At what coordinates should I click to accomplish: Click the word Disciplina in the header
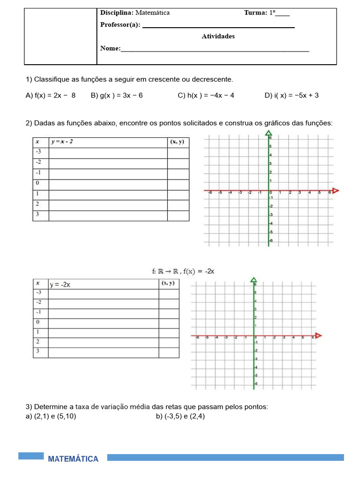click(x=117, y=13)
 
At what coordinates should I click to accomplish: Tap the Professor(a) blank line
click(x=218, y=26)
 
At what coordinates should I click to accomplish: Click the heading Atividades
click(x=218, y=36)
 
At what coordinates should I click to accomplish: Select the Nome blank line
click(x=215, y=49)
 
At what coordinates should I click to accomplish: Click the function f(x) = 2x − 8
click(x=51, y=95)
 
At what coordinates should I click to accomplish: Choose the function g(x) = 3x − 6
click(x=117, y=95)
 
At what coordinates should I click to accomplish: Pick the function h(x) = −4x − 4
click(x=206, y=95)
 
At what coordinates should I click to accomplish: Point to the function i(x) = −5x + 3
click(x=292, y=95)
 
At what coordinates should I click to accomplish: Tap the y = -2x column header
click(x=60, y=285)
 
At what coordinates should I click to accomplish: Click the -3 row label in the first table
click(x=38, y=152)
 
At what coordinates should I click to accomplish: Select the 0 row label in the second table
click(x=37, y=322)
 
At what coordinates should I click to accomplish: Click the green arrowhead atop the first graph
click(x=269, y=134)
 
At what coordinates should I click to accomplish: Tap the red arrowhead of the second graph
click(x=319, y=336)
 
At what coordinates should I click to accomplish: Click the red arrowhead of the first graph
click(x=335, y=191)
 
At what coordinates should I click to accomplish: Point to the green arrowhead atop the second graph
click(x=254, y=280)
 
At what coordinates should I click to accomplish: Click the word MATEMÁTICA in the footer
click(x=73, y=459)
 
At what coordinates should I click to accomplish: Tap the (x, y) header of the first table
click(x=178, y=142)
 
